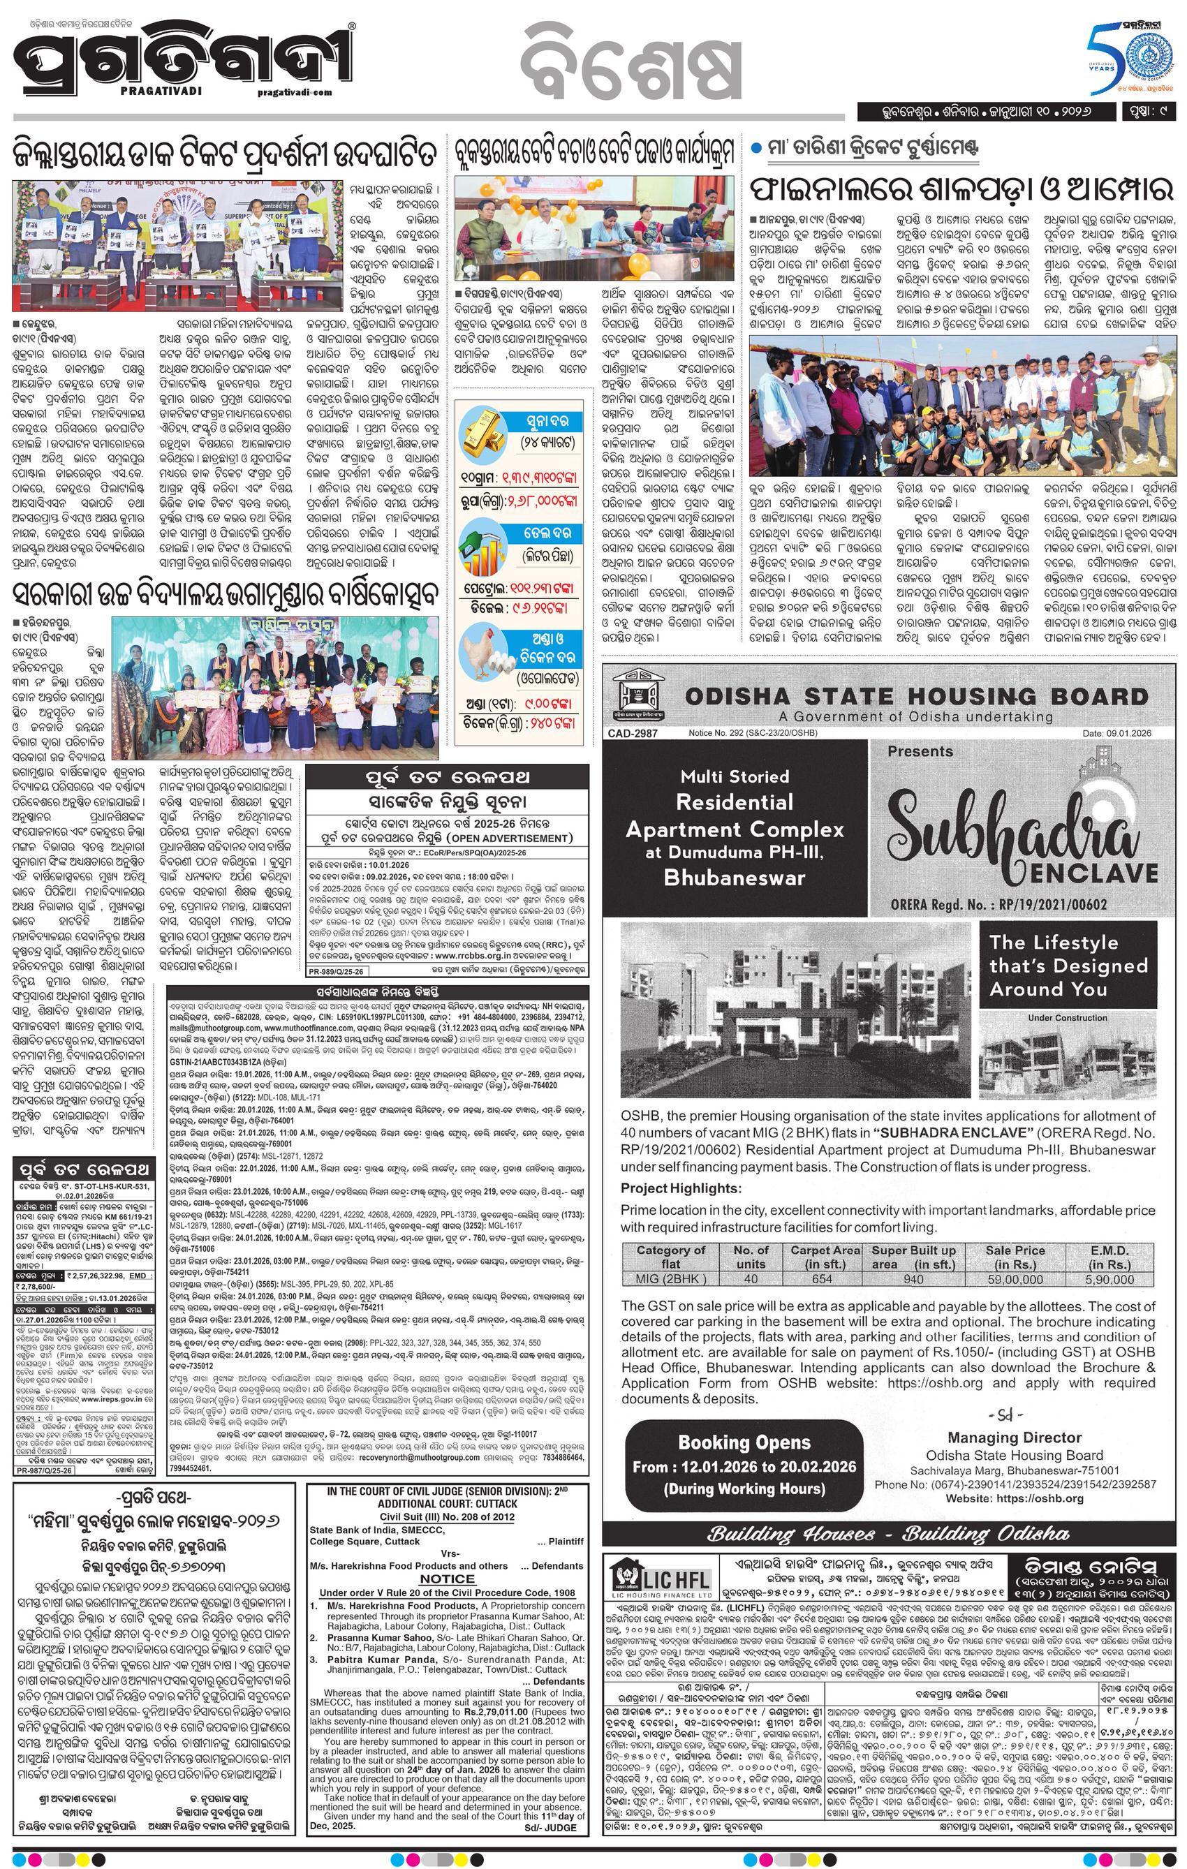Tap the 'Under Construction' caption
[x=1067, y=1017]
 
